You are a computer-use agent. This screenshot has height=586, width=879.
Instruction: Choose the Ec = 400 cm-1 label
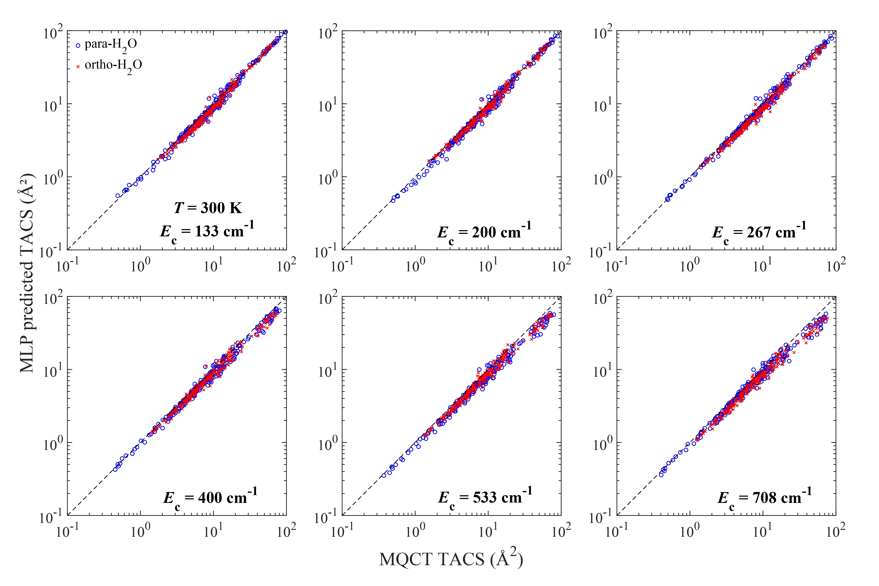click(x=210, y=498)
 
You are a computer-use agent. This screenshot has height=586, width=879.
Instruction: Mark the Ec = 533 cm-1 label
click(x=485, y=498)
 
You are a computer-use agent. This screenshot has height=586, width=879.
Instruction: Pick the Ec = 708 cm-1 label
click(x=765, y=498)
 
